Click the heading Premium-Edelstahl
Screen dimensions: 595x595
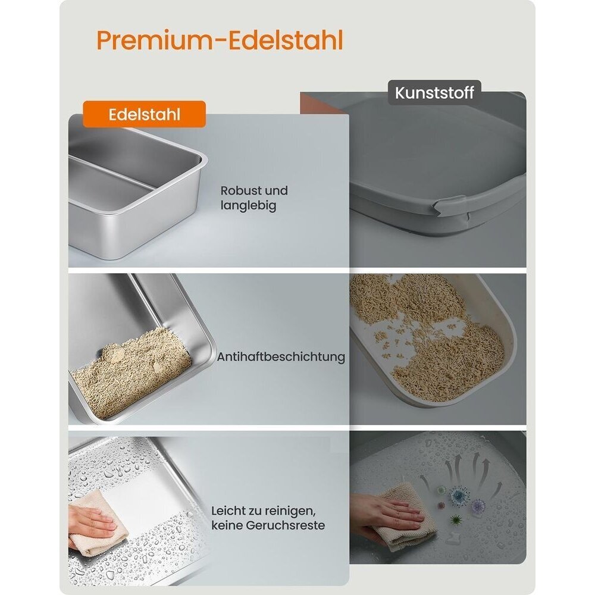[x=220, y=40]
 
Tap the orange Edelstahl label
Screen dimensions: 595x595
[x=144, y=114]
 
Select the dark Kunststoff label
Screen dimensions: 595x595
[x=434, y=93]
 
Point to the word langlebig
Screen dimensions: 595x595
[x=249, y=206]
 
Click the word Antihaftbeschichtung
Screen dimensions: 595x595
[x=281, y=356]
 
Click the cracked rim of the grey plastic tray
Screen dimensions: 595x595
[x=452, y=207]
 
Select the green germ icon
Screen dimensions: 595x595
[x=456, y=519]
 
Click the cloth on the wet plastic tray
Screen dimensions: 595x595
[x=405, y=518]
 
